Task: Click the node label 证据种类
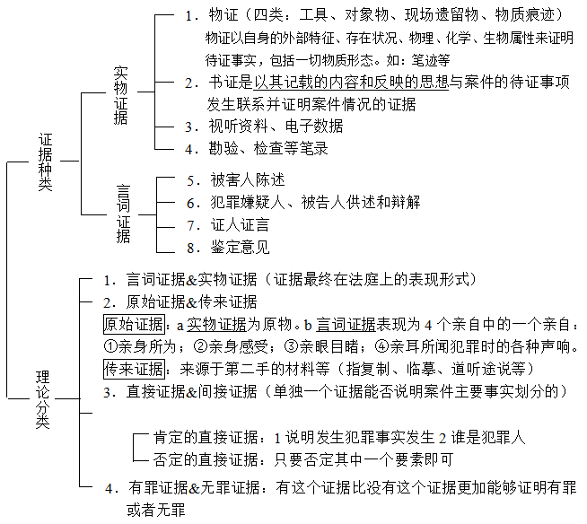click(46, 162)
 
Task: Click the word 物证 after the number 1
click(223, 15)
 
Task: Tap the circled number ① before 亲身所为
click(110, 346)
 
